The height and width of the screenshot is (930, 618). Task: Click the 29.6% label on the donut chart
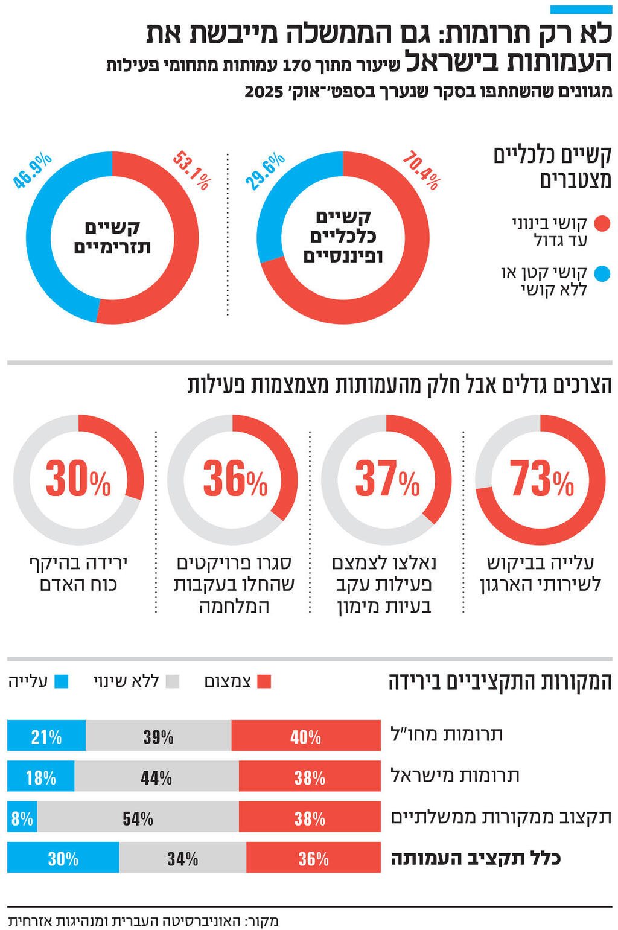[264, 171]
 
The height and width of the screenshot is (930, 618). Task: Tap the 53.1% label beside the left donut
[191, 170]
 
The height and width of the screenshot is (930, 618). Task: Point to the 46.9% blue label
[33, 171]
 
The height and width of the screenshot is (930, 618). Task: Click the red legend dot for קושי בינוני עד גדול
[602, 224]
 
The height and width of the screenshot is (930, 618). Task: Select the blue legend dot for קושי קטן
[602, 274]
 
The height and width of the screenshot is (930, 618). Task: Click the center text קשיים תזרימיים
[112, 238]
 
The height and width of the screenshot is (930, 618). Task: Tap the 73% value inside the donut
[541, 480]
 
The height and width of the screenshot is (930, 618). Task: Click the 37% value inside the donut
[387, 480]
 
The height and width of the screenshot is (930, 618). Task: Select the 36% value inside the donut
[234, 480]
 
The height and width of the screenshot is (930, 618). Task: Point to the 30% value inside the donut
[78, 480]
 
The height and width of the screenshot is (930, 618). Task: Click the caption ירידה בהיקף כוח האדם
[78, 574]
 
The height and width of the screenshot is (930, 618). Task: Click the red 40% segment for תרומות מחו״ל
[306, 736]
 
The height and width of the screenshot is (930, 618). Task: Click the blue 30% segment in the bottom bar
[63, 858]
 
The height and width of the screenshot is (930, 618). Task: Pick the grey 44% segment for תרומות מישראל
[156, 777]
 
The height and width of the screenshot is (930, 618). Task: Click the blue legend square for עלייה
[61, 682]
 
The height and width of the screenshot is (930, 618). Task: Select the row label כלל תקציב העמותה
[476, 858]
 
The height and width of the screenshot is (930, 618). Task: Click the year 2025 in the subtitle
[264, 92]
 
